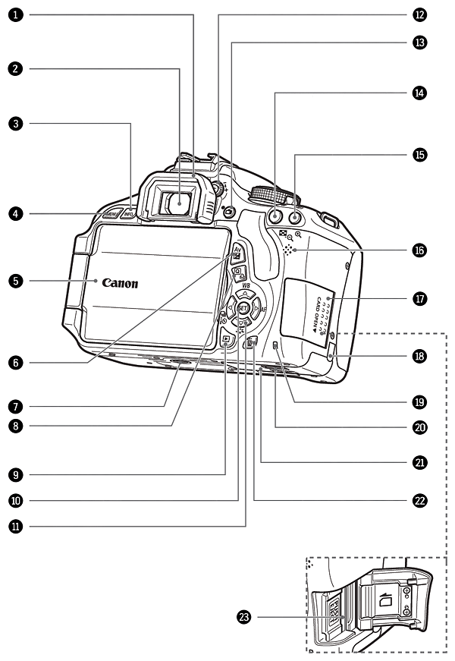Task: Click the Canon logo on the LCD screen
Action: (121, 284)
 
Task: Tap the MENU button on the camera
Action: (111, 215)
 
